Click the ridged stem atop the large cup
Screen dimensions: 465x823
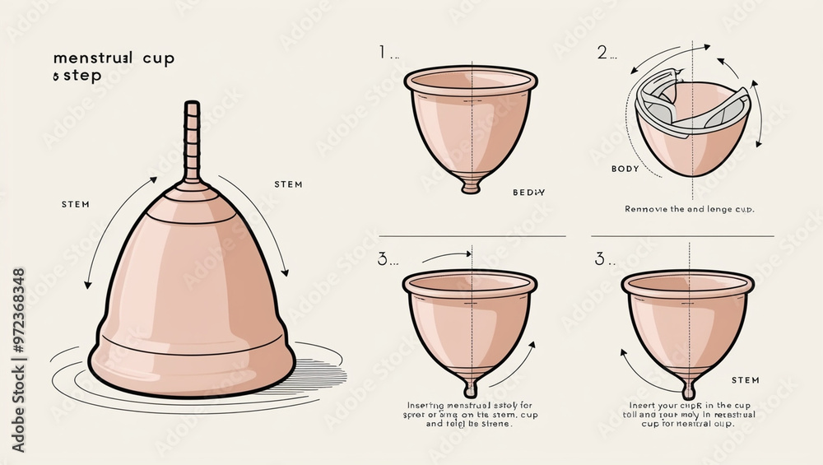(x=192, y=140)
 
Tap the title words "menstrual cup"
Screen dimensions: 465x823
(x=114, y=59)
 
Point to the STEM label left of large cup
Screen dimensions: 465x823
(x=76, y=204)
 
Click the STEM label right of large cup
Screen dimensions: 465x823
(x=288, y=184)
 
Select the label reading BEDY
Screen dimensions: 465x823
(x=529, y=192)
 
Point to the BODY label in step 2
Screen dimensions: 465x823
(x=625, y=169)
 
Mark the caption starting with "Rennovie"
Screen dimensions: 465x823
(x=690, y=209)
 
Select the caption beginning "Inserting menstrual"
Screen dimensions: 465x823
(x=470, y=415)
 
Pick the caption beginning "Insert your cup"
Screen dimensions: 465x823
(x=690, y=415)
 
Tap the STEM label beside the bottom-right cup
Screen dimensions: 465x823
(x=746, y=380)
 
